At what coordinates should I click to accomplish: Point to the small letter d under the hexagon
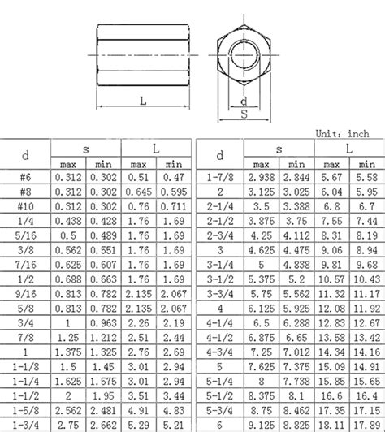pos(244,101)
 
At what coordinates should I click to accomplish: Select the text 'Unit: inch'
pos(347,133)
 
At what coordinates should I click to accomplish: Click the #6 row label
pos(26,175)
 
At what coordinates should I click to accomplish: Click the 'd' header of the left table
pos(26,153)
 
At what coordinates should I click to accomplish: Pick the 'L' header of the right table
pos(350,147)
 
